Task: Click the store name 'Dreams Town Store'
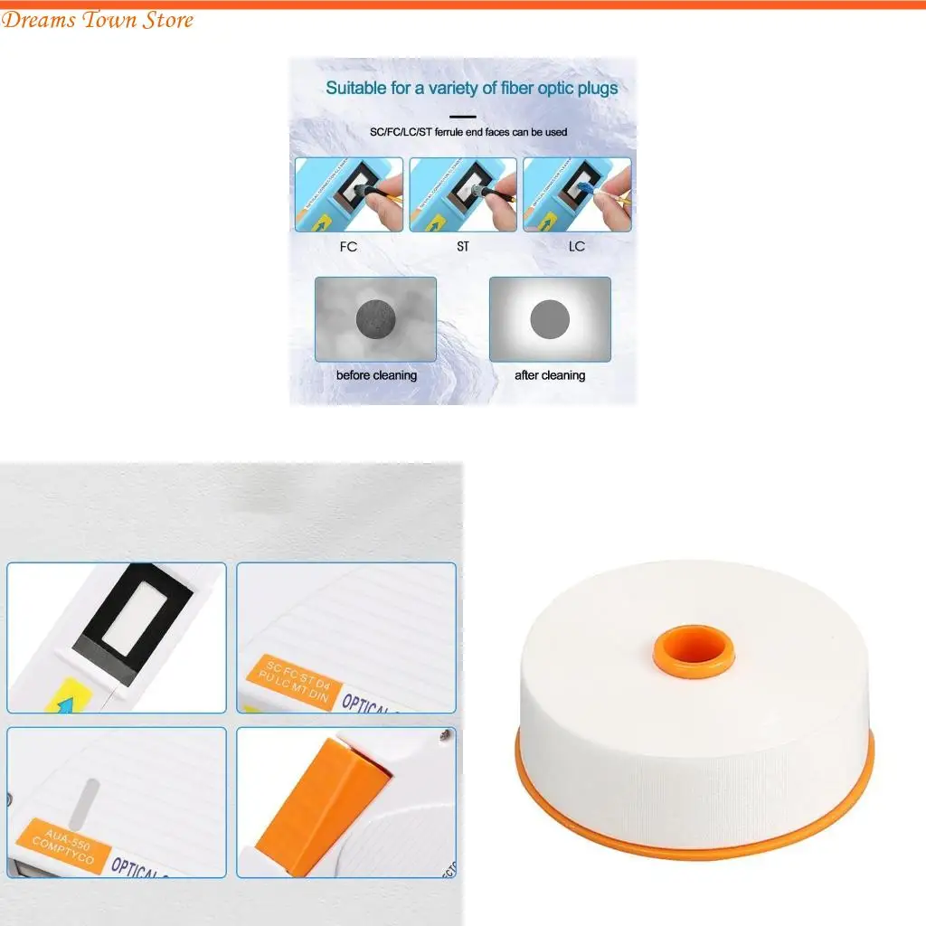[x=98, y=20]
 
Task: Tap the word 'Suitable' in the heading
[x=354, y=89]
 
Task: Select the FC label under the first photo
[x=347, y=247]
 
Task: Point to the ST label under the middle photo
[x=463, y=247]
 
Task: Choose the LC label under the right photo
[x=577, y=247]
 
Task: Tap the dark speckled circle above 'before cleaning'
[x=374, y=318]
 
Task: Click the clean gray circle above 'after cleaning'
[x=550, y=318]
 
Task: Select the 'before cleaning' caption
[x=376, y=375]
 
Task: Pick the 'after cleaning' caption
[x=550, y=375]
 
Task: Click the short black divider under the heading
[x=463, y=116]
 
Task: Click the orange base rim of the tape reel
[x=694, y=827]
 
